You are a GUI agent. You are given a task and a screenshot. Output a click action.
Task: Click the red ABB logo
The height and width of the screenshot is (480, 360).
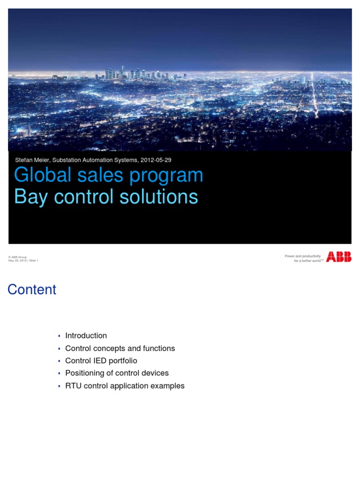339,256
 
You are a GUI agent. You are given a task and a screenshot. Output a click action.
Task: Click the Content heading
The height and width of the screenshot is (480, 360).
32,290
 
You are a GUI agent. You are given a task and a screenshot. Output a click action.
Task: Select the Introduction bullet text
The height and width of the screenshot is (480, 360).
86,336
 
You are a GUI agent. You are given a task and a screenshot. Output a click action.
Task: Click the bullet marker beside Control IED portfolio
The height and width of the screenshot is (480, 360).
59,361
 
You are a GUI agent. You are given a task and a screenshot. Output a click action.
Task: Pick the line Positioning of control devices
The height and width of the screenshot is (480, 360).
117,373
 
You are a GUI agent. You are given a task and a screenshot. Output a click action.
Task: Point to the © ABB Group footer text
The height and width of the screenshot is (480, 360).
17,257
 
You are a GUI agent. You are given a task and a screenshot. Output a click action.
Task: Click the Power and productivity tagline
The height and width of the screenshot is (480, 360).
303,256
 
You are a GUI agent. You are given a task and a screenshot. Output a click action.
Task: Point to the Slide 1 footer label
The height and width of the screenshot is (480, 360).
33,261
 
